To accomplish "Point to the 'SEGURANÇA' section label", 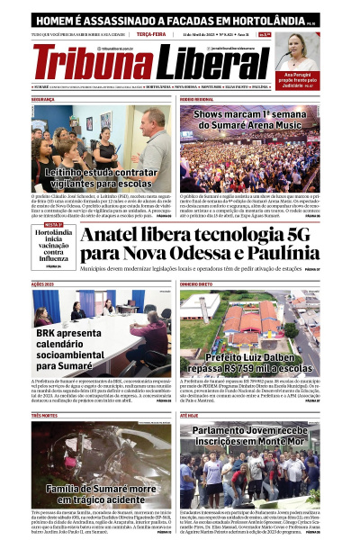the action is [x=43, y=99].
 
